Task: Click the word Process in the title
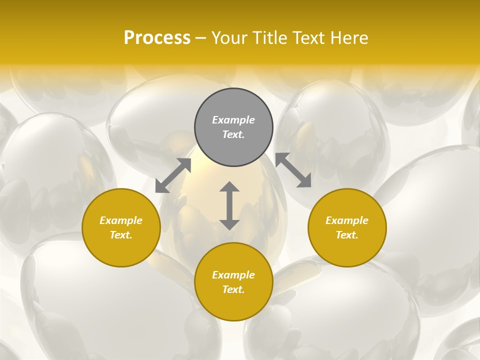point(157,38)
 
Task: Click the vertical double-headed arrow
point(229,205)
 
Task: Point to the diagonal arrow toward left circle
point(173,175)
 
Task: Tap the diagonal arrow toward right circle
point(293,170)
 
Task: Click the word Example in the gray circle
point(233,120)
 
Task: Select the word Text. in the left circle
point(121,235)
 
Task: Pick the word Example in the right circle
point(347,220)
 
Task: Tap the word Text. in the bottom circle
point(233,289)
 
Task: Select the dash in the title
point(201,38)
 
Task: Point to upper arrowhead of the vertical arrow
point(229,187)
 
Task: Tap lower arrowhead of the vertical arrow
point(229,224)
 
